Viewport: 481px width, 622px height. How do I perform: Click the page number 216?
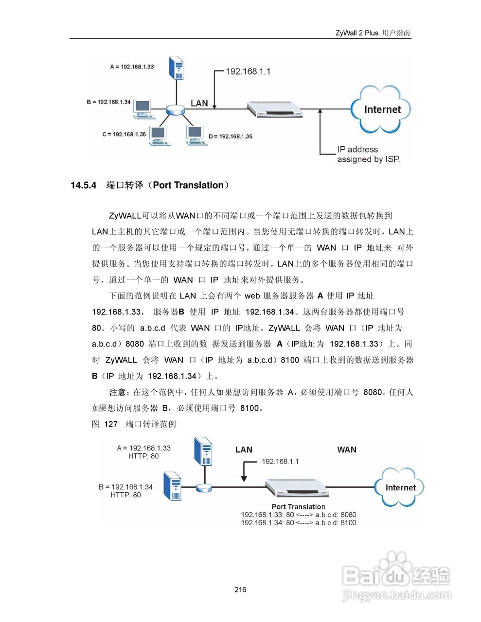point(240,589)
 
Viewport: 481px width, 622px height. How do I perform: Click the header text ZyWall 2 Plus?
point(356,33)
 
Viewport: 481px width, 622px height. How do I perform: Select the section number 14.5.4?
point(84,185)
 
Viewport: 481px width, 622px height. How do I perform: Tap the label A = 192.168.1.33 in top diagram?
point(132,67)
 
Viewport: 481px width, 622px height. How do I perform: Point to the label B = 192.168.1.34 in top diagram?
point(108,102)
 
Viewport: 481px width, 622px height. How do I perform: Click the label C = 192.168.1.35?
point(124,134)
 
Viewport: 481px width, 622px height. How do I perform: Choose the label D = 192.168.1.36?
point(231,137)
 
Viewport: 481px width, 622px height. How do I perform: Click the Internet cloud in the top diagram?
point(381,110)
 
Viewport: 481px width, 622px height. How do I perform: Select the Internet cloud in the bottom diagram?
point(400,487)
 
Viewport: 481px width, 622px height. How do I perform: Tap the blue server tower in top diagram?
point(176,68)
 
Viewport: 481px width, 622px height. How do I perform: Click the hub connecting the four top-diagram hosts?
point(175,110)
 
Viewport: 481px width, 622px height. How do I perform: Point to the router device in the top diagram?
point(275,109)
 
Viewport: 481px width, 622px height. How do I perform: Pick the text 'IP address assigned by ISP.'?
point(368,155)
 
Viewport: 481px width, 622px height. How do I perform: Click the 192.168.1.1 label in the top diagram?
point(248,71)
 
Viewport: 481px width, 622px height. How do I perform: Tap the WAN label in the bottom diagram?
point(347,450)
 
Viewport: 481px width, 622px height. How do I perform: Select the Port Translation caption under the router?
point(298,506)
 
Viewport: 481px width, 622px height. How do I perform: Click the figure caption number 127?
point(111,424)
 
